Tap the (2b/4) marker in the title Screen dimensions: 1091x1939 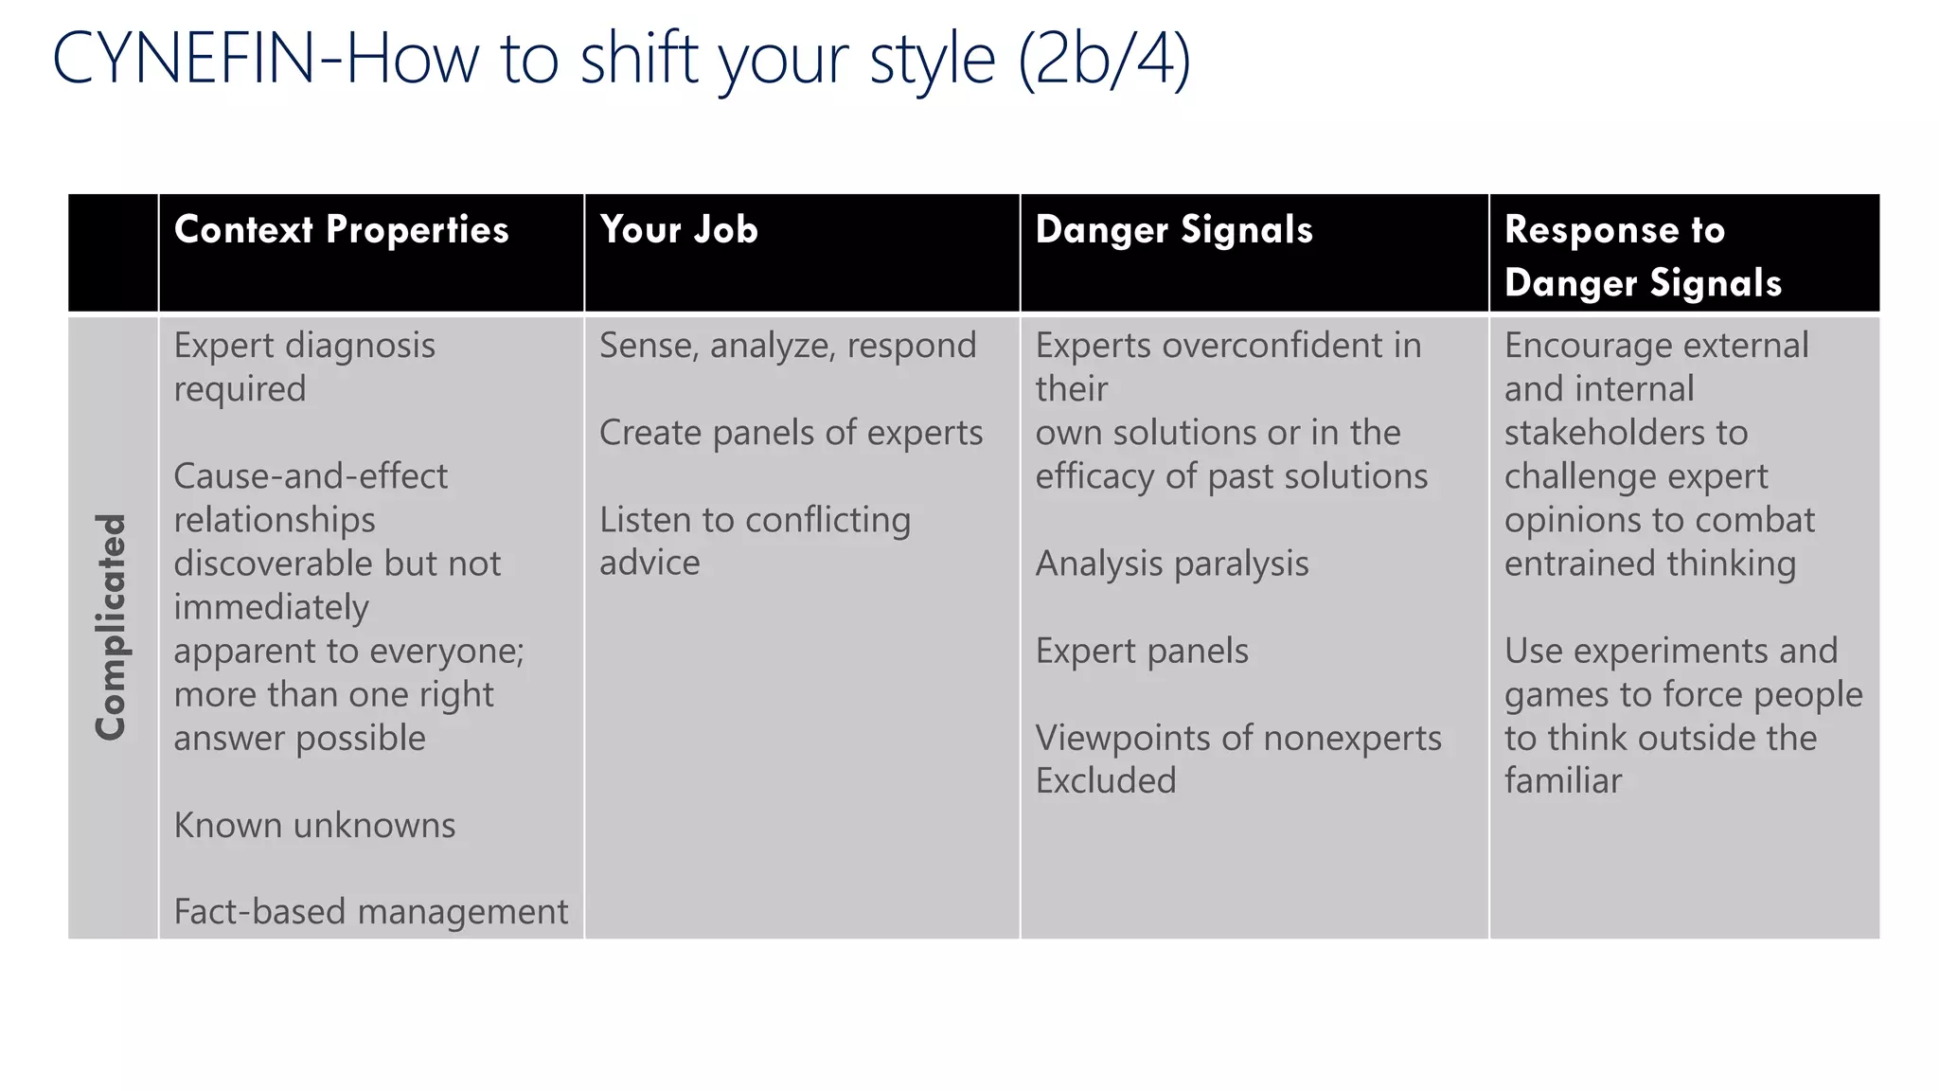point(1104,61)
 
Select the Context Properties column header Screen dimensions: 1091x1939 point(341,230)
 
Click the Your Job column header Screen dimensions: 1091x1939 point(679,230)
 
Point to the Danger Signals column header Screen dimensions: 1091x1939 point(1174,230)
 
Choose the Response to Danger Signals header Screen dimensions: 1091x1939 point(1643,256)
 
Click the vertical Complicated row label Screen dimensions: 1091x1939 point(112,627)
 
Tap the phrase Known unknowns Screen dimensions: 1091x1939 point(314,826)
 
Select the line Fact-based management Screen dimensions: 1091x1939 point(370,912)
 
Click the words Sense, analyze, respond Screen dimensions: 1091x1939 point(788,346)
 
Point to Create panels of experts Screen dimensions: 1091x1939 point(791,433)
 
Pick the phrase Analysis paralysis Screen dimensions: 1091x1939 point(1172,564)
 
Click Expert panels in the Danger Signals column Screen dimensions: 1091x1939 point(1142,652)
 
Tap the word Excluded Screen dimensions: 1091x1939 point(1106,781)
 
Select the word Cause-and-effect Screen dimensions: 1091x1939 point(311,476)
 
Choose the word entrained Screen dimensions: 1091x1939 point(1580,564)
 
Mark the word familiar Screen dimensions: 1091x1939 point(1563,781)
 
